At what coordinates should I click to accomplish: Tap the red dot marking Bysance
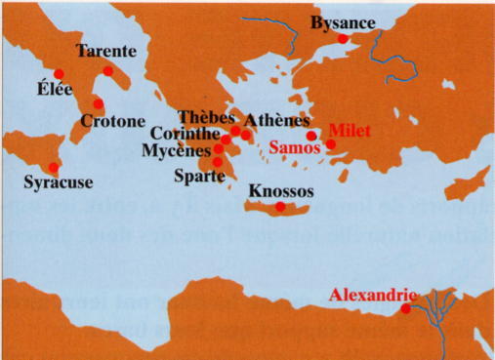tap(343, 39)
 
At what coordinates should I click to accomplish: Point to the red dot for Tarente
tap(108, 71)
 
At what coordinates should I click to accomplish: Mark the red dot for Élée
tap(60, 73)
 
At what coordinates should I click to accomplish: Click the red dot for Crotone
tap(98, 103)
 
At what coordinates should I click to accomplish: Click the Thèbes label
tap(206, 117)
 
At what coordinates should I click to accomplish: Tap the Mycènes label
tap(176, 151)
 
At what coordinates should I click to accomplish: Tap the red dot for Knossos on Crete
tap(281, 206)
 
